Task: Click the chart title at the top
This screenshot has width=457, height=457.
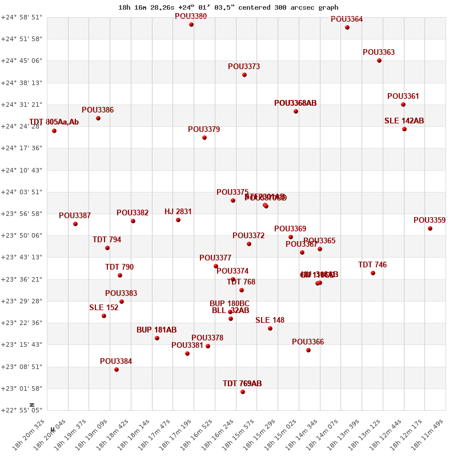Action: coord(228,7)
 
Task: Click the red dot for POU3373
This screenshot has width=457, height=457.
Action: coord(244,75)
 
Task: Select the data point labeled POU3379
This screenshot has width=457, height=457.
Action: coord(205,138)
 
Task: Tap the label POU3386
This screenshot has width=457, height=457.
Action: coord(98,110)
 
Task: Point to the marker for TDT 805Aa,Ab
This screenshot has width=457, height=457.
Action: coord(54,131)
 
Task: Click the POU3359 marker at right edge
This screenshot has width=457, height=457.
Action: coord(430,228)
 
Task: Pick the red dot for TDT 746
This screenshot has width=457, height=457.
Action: coord(373,273)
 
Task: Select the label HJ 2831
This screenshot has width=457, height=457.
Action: coord(178,211)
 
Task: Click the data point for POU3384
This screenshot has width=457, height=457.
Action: coord(117,370)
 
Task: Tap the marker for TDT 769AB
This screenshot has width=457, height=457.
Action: coord(243,392)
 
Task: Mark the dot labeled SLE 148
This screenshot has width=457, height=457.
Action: coord(270,328)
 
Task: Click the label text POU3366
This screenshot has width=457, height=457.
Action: coord(308,342)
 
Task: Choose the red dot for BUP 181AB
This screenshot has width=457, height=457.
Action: coord(157,338)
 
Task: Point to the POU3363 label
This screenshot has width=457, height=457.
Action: coord(379,52)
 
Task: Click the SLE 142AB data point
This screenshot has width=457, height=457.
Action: coord(404,129)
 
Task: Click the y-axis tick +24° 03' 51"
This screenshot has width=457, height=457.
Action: coord(21,192)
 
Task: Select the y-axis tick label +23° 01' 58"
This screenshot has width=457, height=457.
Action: coord(21,388)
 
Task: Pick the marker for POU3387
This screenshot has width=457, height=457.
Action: coord(75,224)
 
